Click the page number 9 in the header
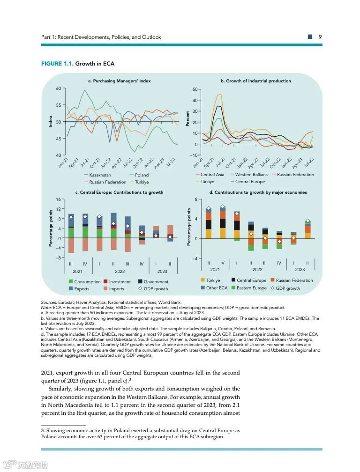tap(320, 37)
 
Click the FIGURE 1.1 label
tap(58, 64)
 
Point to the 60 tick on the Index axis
tap(59, 88)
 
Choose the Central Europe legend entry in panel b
tap(250, 182)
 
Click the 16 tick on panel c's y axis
tap(59, 200)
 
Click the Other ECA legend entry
tap(217, 288)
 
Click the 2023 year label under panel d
tap(300, 270)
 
